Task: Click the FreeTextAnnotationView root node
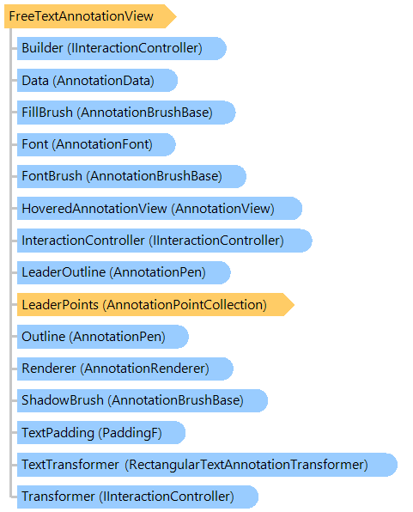click(90, 16)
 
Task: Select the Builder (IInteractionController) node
click(121, 48)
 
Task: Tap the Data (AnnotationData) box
click(97, 81)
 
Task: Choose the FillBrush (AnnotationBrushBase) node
click(126, 113)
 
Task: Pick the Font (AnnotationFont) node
click(96, 144)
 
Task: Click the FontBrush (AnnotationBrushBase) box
click(131, 176)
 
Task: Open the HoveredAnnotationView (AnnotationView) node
click(160, 209)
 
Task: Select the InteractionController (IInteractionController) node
click(165, 241)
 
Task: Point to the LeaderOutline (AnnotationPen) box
click(124, 272)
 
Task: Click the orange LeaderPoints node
click(155, 304)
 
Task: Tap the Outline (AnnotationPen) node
click(103, 337)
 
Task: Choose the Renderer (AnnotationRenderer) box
click(125, 369)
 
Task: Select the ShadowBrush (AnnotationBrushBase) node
click(143, 400)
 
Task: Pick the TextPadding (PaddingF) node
click(101, 432)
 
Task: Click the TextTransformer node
click(207, 465)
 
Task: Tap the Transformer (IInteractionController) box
click(137, 497)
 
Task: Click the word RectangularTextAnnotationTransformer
click(246, 465)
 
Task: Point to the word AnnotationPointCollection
click(185, 304)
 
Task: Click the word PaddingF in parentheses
click(131, 433)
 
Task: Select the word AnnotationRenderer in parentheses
click(144, 369)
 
